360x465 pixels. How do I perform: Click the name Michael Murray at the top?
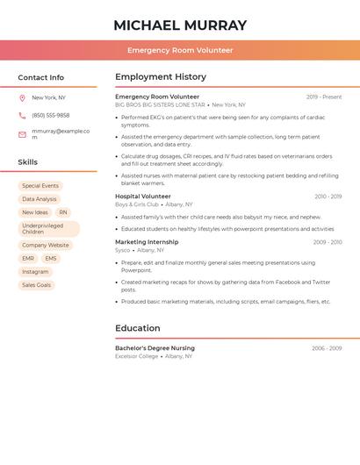click(180, 25)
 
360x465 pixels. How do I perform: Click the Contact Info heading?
click(40, 77)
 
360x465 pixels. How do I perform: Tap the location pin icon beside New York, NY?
click(22, 97)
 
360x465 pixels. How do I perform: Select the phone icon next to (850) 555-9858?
click(22, 115)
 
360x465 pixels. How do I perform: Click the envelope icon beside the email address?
click(22, 133)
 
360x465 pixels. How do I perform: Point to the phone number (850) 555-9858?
click(51, 115)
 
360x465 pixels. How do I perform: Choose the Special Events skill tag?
click(40, 186)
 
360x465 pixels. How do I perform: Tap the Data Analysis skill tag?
click(40, 199)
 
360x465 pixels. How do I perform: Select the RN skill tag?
click(63, 212)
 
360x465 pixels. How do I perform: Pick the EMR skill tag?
click(28, 259)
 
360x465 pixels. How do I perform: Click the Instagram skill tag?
click(35, 272)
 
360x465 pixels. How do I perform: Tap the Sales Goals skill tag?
click(36, 285)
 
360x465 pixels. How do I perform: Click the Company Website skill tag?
click(46, 246)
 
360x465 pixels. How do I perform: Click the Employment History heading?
click(161, 77)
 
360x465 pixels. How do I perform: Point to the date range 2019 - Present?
click(324, 97)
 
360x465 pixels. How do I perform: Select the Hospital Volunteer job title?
click(143, 197)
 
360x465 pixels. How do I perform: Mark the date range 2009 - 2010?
click(327, 242)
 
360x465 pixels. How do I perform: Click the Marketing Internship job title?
click(147, 242)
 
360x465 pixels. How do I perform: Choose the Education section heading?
click(138, 328)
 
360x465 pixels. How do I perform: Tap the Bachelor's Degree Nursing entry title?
click(155, 348)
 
